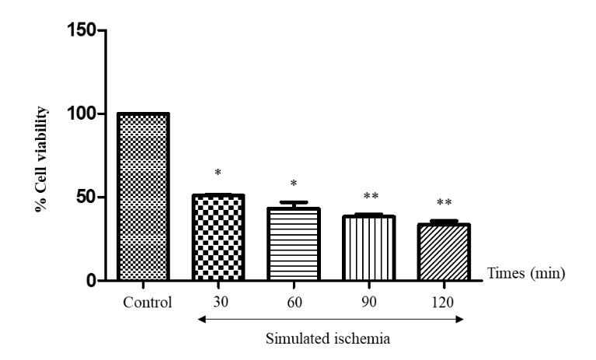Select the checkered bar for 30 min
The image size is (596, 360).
[x=218, y=237]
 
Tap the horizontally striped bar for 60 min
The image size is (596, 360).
[x=294, y=244]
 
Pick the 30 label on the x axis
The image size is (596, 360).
[x=218, y=301]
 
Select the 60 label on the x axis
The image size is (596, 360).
[x=294, y=301]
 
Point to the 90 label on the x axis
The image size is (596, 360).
[x=369, y=301]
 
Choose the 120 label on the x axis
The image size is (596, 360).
[x=444, y=301]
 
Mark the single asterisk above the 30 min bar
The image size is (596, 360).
[x=218, y=170]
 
